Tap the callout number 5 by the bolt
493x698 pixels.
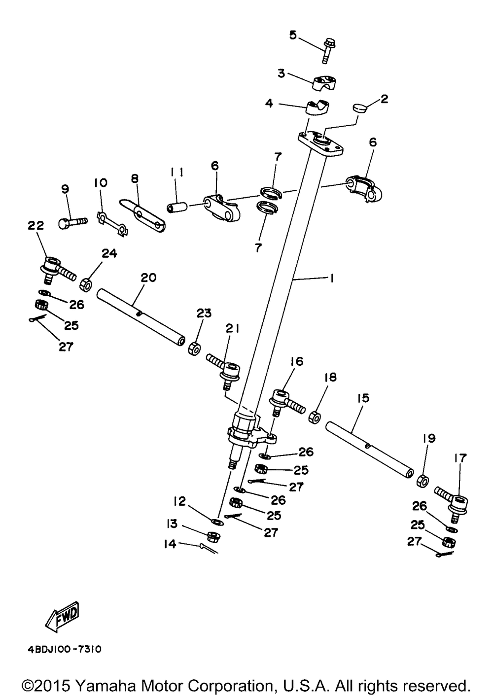click(x=293, y=35)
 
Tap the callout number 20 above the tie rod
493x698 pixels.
click(x=148, y=278)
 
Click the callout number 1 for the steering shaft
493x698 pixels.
click(x=331, y=279)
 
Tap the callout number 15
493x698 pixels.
click(x=363, y=398)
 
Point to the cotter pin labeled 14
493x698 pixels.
click(x=209, y=548)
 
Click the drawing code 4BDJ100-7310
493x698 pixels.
click(x=65, y=649)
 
